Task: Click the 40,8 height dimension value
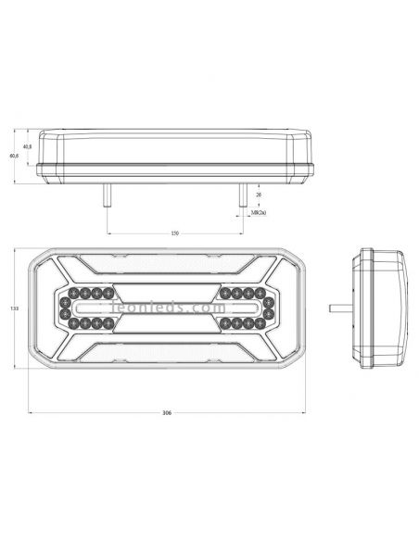28,147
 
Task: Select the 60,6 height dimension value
14,156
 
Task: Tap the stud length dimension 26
257,195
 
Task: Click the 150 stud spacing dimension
174,233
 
